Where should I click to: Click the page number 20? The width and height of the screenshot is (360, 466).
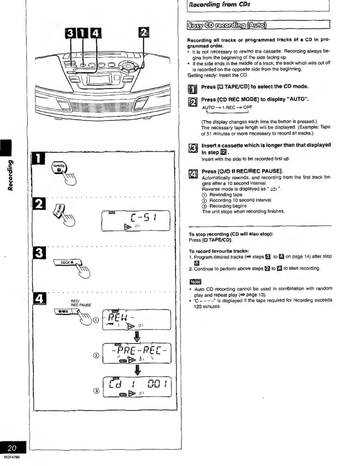[12, 448]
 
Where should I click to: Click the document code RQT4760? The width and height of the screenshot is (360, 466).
[12, 457]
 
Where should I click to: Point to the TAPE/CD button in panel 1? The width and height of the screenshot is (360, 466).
[60, 168]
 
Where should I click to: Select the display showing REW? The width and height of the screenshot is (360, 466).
[136, 319]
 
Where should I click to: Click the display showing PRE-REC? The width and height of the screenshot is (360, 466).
[137, 353]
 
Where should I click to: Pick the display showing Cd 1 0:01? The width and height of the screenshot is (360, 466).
[137, 387]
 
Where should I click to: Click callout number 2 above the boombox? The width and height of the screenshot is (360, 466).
[143, 32]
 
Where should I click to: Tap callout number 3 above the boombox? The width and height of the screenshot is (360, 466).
[70, 32]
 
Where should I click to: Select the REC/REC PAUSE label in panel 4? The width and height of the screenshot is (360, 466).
[81, 303]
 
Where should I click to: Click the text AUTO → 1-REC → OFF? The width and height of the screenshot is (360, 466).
[227, 107]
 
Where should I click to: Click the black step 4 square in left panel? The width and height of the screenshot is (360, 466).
[39, 298]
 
